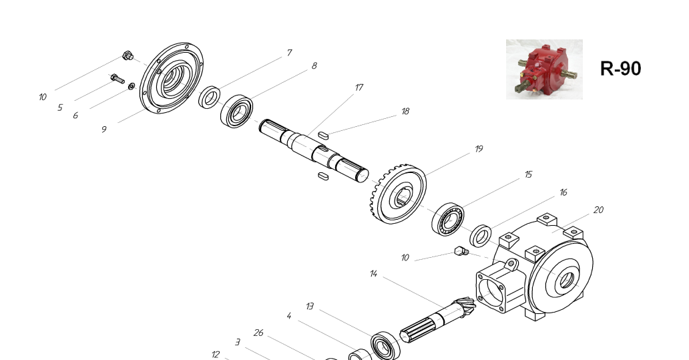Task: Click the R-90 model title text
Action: pos(620,69)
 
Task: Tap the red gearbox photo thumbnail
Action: pos(544,69)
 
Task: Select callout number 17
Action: pos(359,87)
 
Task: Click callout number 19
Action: pos(479,149)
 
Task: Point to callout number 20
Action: pos(598,210)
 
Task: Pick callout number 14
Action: pos(373,274)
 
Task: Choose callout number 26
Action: pos(258,333)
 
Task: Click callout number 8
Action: pos(314,66)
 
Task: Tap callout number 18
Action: pos(405,112)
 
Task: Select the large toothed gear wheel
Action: pos(398,194)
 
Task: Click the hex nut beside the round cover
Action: pos(128,56)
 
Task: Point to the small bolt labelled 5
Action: pos(118,79)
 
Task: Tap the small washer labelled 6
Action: pos(132,86)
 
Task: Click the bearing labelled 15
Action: pos(448,219)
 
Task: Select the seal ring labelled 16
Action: pos(481,236)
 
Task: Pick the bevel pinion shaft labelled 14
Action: pos(438,319)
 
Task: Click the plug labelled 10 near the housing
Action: pos(461,251)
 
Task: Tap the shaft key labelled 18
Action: pos(323,136)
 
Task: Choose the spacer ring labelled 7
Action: pos(210,97)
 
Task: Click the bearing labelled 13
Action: pos(385,346)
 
